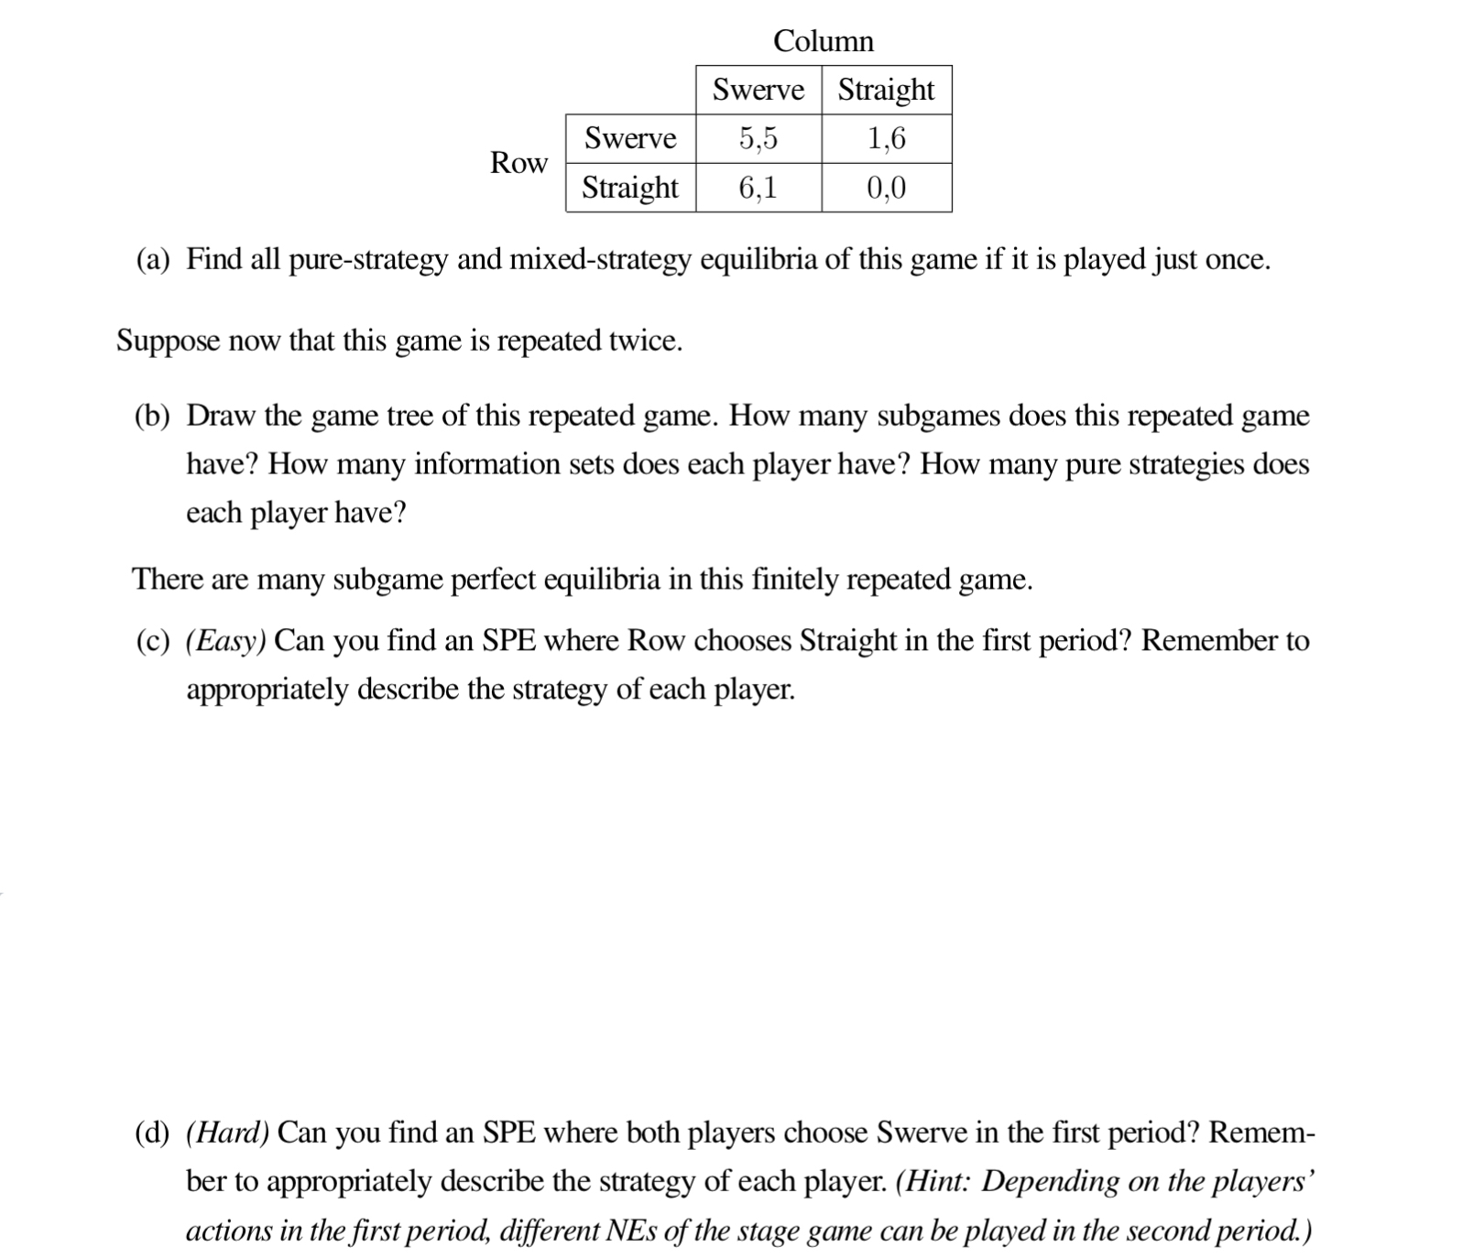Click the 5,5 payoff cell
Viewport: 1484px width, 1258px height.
758,138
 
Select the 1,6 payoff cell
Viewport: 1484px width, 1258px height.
886,138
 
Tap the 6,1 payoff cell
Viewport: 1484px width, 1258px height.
758,188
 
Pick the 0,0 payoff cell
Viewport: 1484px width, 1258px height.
886,188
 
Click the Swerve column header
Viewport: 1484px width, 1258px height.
758,90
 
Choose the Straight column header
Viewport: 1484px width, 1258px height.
886,90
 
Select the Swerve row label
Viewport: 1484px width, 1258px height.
630,138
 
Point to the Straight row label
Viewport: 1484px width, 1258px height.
630,188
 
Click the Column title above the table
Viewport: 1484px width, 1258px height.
824,41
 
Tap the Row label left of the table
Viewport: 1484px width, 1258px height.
518,163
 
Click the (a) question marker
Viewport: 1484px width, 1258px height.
153,260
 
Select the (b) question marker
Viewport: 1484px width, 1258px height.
153,417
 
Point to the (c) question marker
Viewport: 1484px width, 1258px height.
153,641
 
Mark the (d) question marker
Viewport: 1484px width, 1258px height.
153,1133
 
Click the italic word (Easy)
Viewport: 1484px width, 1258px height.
225,641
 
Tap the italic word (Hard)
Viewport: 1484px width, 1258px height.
227,1133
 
